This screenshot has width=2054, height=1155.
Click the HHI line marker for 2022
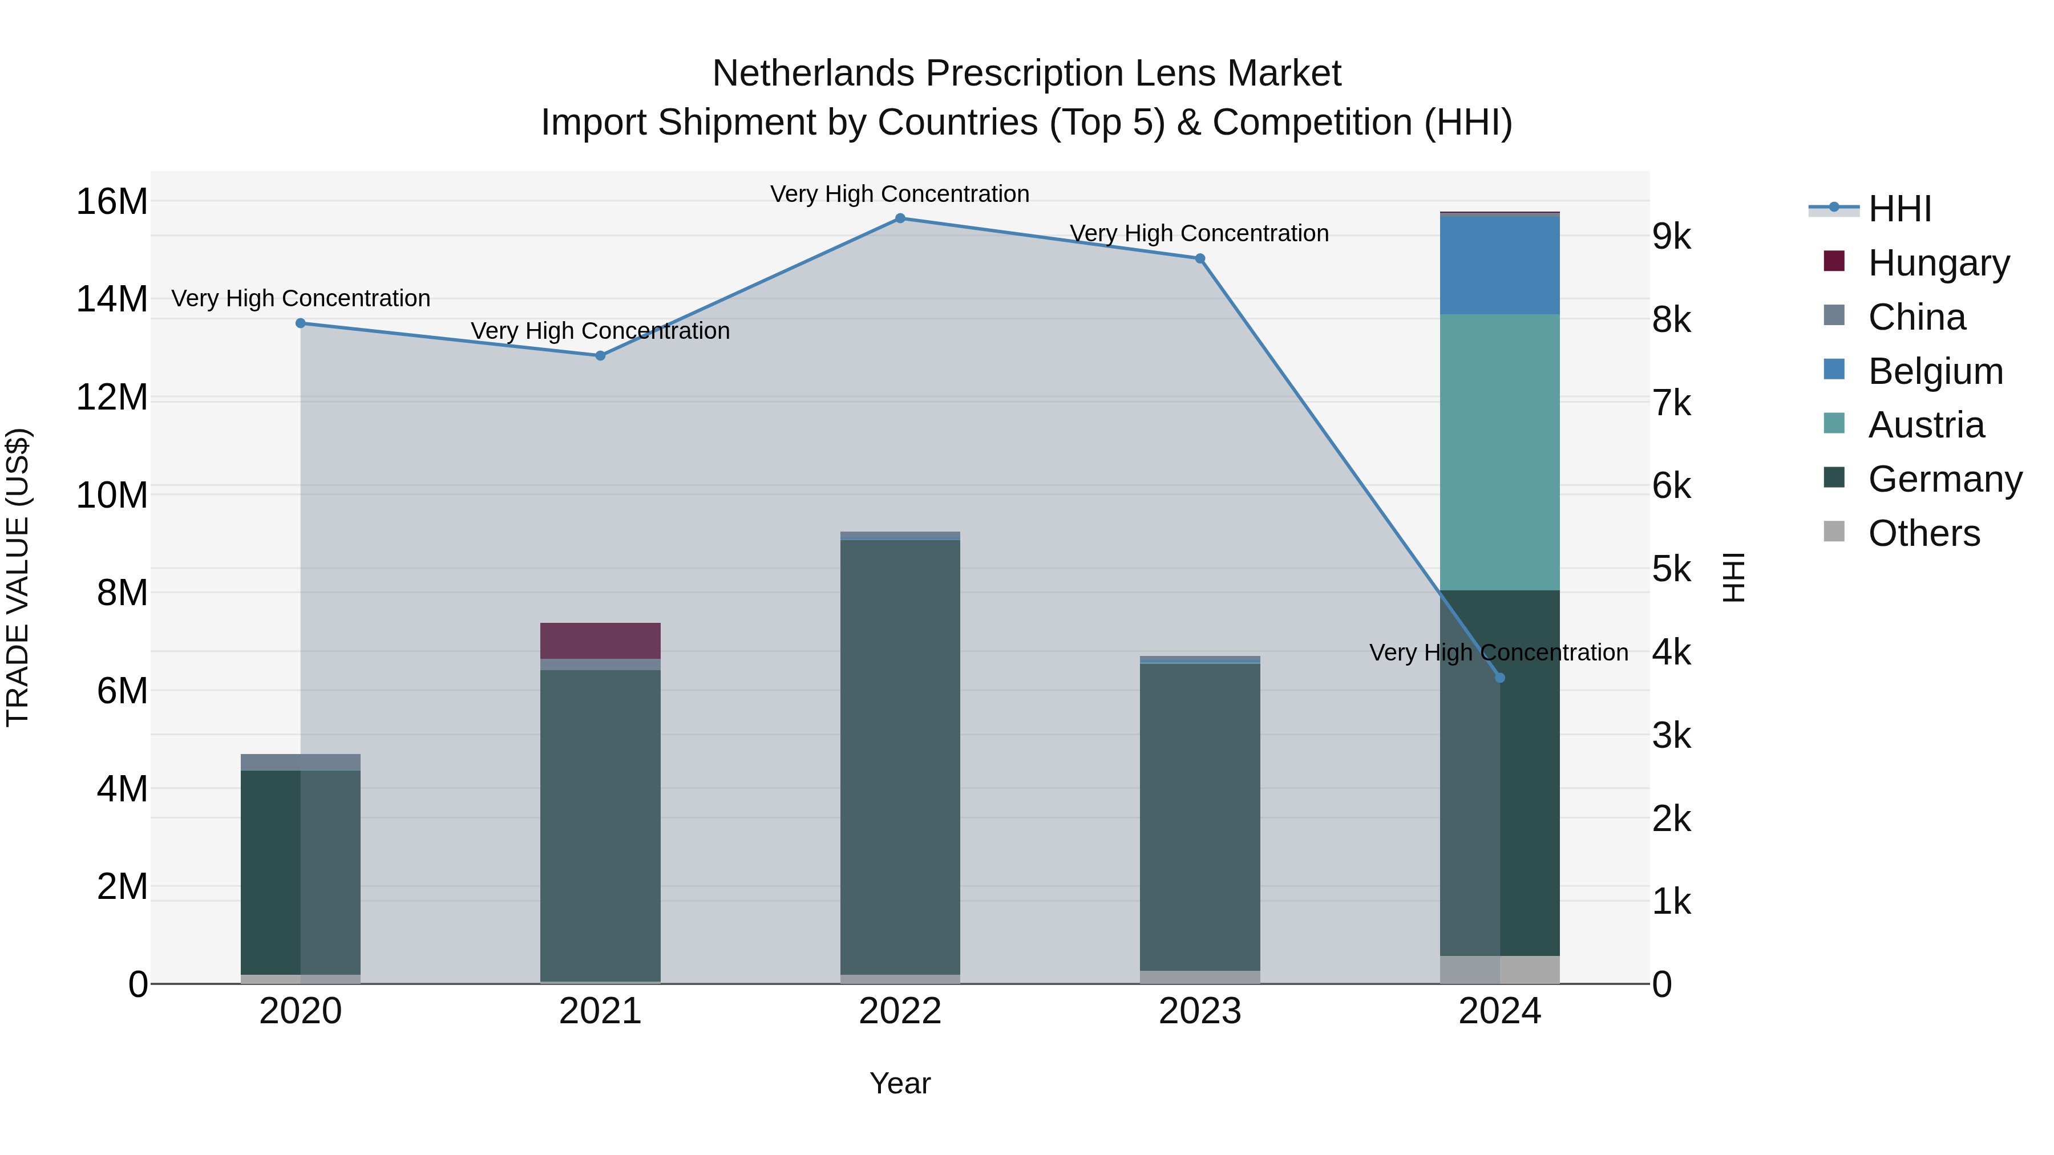click(x=900, y=218)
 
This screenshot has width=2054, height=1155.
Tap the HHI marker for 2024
click(x=1500, y=678)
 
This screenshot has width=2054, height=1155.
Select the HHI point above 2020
click(x=301, y=323)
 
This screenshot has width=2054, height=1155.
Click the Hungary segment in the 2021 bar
click(x=600, y=640)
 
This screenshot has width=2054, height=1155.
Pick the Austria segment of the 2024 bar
click(x=1500, y=452)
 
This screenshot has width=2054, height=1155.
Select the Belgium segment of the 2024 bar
click(x=1500, y=265)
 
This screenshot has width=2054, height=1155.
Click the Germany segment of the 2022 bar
click(x=900, y=757)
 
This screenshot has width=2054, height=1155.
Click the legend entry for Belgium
click(x=1935, y=371)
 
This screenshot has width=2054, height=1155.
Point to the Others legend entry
click(x=1923, y=533)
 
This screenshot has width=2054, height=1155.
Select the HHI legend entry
click(x=1899, y=209)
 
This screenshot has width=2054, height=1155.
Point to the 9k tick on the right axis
click(x=1671, y=236)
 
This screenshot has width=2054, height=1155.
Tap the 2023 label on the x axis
click(x=1199, y=1011)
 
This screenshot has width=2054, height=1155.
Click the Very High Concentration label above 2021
click(x=600, y=330)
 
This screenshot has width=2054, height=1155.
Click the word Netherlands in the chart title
click(x=813, y=74)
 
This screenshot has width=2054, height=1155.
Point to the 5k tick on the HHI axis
click(x=1671, y=569)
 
